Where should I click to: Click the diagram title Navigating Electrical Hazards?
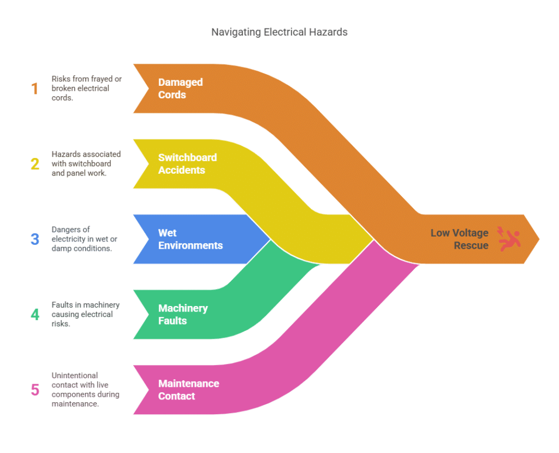(x=279, y=32)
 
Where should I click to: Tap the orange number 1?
(x=35, y=89)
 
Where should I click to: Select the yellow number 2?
(x=35, y=163)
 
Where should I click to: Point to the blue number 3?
(x=35, y=239)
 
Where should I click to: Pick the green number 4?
(x=35, y=315)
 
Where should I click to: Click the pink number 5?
(x=35, y=390)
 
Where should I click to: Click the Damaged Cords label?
(x=180, y=89)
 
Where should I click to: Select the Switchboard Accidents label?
(x=187, y=163)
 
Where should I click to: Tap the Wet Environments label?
(x=190, y=239)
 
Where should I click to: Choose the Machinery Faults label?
(x=183, y=315)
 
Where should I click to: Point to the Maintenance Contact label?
(x=188, y=390)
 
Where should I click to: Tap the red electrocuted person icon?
(x=509, y=239)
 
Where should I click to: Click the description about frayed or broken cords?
(x=86, y=89)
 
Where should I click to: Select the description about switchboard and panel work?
(x=86, y=163)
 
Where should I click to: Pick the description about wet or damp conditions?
(x=84, y=239)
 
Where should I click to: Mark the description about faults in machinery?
(x=85, y=315)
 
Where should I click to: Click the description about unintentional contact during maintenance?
(x=85, y=390)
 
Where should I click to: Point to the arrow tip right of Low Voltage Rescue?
(x=537, y=239)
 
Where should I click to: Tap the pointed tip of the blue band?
(x=269, y=239)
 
